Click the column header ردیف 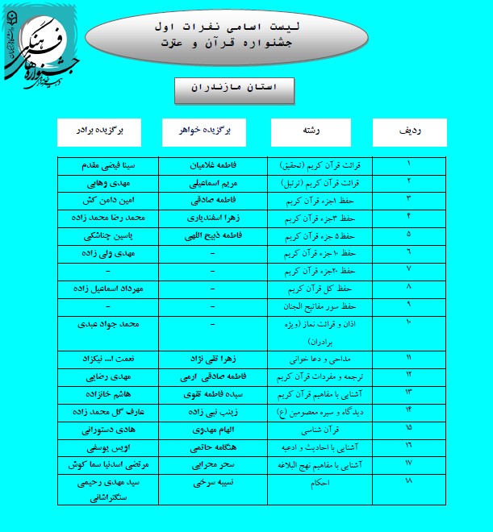pos(409,132)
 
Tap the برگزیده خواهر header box pos(211,132)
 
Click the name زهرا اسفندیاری pos(211,218)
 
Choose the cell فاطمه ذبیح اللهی pos(211,236)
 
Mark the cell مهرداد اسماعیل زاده pos(112,288)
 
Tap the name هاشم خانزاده pos(112,393)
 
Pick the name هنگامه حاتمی pos(211,446)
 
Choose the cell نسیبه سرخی pos(211,482)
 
